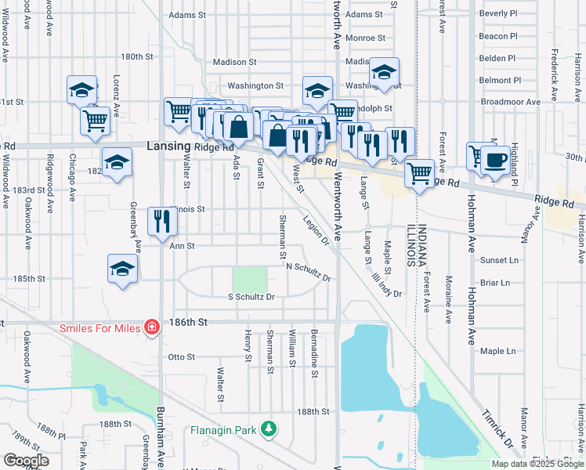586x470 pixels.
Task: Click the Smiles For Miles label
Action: pyautogui.click(x=99, y=327)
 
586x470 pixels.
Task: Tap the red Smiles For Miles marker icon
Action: pyautogui.click(x=151, y=327)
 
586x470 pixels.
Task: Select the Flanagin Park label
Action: pyautogui.click(x=223, y=429)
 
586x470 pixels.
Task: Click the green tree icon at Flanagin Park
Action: pyautogui.click(x=269, y=428)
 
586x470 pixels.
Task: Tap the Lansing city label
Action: pyautogui.click(x=168, y=146)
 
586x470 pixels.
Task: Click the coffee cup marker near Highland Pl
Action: pyautogui.click(x=494, y=159)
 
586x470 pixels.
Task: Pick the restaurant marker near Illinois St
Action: pyautogui.click(x=162, y=221)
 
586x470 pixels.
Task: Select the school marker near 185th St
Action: pyautogui.click(x=121, y=269)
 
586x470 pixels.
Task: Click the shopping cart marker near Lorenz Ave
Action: pyautogui.click(x=95, y=121)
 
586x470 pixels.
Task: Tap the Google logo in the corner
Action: pyautogui.click(x=26, y=461)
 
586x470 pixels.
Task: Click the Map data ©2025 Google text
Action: pyautogui.click(x=537, y=464)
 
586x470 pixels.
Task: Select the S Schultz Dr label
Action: pyautogui.click(x=251, y=297)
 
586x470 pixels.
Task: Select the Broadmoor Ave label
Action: pyautogui.click(x=510, y=102)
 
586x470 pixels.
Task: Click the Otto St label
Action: pyautogui.click(x=181, y=356)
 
